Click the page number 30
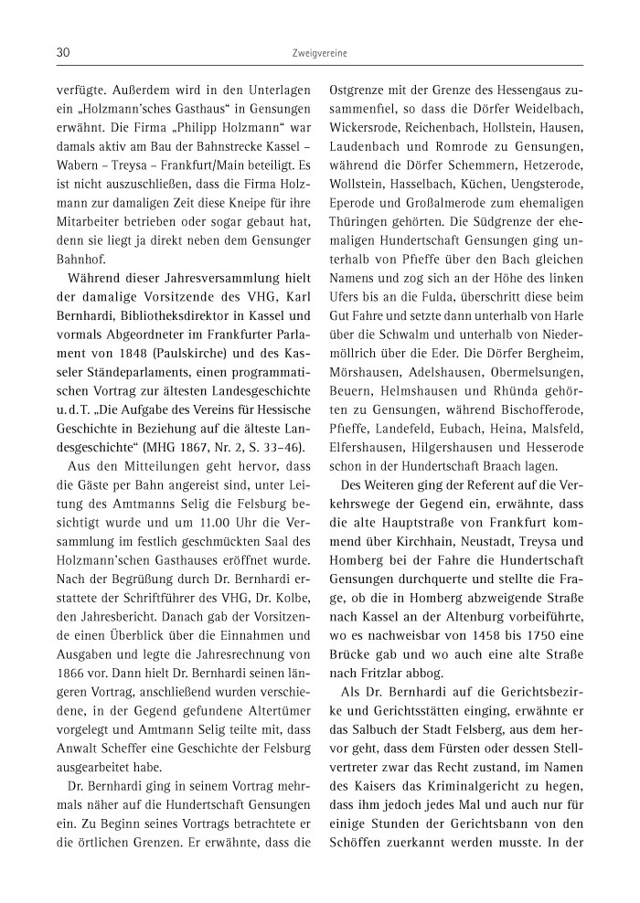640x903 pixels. pos(63,54)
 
